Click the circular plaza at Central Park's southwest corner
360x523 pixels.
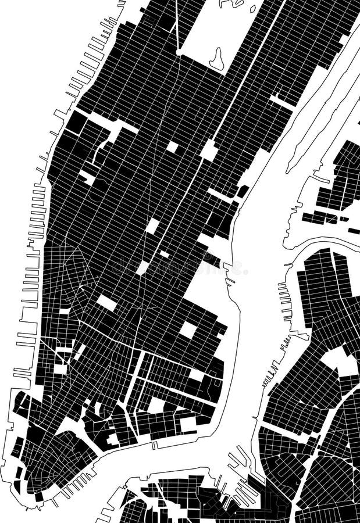[179, 52]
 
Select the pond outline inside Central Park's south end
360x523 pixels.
[217, 59]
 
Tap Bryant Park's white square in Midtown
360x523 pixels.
[172, 146]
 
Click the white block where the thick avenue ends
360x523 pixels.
[209, 151]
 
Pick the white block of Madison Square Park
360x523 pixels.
[152, 225]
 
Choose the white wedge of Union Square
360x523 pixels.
[142, 267]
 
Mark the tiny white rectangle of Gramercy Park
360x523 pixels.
[165, 254]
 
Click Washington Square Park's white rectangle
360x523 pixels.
[106, 302]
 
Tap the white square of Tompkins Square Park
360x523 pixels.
[188, 329]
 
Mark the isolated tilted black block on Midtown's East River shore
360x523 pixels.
[243, 191]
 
